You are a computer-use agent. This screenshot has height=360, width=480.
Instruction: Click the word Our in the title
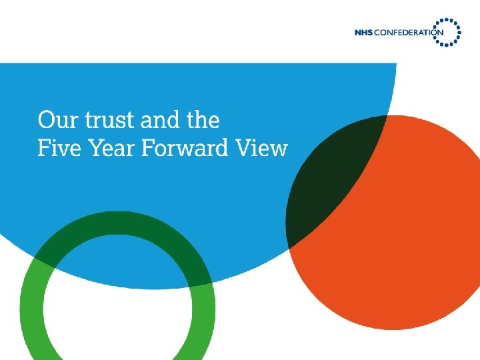(x=57, y=120)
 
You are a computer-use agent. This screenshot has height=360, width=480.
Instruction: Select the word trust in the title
(x=107, y=120)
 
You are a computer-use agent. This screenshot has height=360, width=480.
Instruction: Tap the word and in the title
(x=161, y=120)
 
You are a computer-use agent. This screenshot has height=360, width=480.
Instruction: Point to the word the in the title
(x=203, y=120)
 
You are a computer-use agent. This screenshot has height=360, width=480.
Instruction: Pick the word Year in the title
(x=115, y=147)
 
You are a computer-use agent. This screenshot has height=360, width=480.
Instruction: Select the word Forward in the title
(x=189, y=147)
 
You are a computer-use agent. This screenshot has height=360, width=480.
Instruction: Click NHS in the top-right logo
(x=365, y=33)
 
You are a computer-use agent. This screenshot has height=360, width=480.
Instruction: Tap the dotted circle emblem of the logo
(x=448, y=31)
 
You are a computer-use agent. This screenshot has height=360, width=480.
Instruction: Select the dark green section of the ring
(x=120, y=233)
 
